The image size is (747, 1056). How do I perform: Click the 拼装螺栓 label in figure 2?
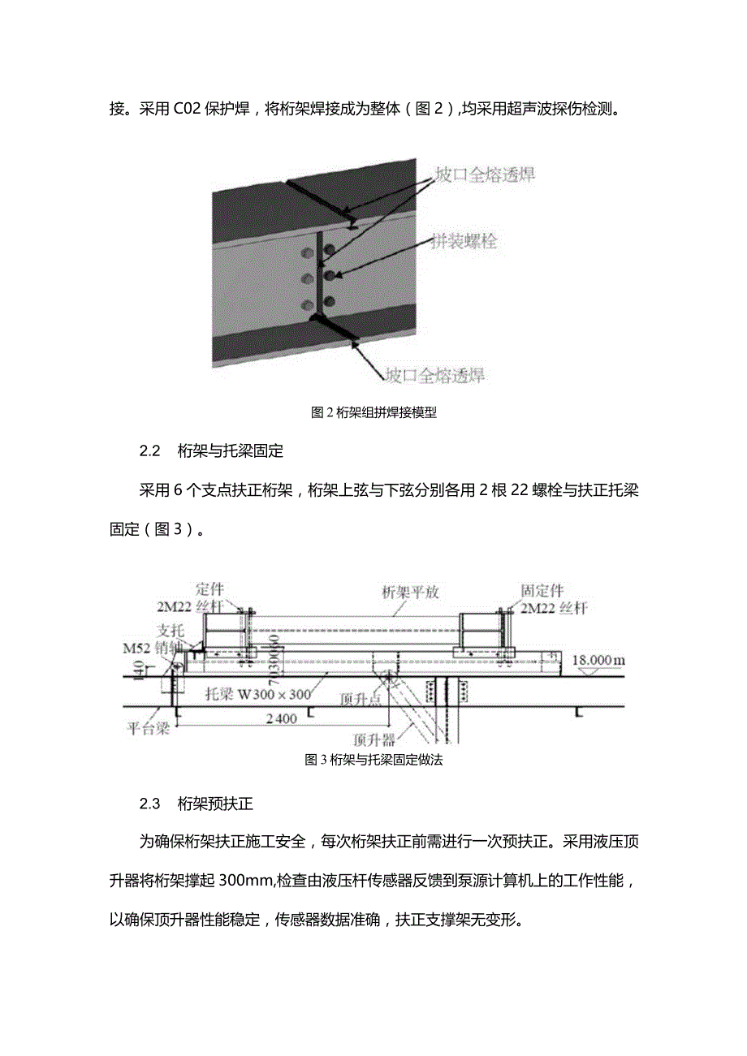[x=464, y=241]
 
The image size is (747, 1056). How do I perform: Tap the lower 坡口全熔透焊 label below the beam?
[x=434, y=375]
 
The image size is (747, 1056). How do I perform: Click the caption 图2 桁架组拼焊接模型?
[x=373, y=412]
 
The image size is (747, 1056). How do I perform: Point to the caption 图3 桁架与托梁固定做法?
[x=373, y=760]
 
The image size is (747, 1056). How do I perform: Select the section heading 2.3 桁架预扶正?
[x=196, y=804]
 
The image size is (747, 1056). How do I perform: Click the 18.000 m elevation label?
[x=598, y=661]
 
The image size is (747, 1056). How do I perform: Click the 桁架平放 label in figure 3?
[x=410, y=592]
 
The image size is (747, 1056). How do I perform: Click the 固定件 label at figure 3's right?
[x=542, y=592]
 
